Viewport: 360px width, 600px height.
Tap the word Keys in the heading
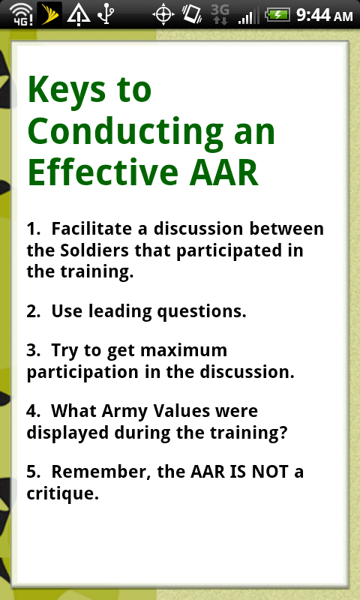[66, 89]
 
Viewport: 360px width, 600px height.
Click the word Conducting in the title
[125, 132]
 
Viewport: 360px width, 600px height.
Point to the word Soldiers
[94, 250]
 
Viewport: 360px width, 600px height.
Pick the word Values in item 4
[181, 411]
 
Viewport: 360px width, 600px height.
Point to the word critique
[62, 494]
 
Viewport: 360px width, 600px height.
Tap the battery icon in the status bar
[277, 15]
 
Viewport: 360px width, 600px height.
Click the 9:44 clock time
[313, 15]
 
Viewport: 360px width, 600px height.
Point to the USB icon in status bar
[106, 14]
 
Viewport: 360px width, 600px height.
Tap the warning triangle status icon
[79, 15]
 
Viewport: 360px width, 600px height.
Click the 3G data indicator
[220, 14]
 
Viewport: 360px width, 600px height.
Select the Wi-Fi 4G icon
[21, 15]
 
